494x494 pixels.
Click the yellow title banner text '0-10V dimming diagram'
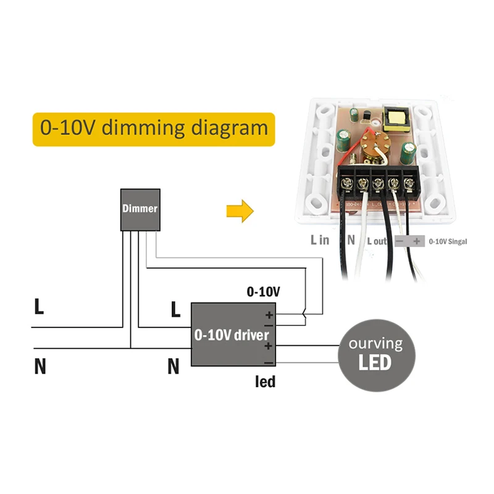coord(153,128)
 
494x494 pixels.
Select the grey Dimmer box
coord(140,209)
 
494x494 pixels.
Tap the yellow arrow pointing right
coord(240,211)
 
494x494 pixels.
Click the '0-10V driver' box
coord(232,335)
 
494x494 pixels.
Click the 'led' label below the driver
coord(265,382)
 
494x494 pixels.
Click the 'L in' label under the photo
coord(320,240)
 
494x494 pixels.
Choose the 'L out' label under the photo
coord(377,241)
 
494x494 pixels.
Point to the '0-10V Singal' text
coord(448,241)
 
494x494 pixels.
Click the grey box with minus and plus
coord(408,241)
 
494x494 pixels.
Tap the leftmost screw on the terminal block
coord(346,183)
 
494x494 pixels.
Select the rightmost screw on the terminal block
coord(409,183)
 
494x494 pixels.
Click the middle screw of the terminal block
coord(378,183)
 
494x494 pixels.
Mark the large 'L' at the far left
coord(39,307)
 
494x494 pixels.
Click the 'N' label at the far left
coord(40,366)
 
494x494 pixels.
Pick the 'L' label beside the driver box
coord(175,311)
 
